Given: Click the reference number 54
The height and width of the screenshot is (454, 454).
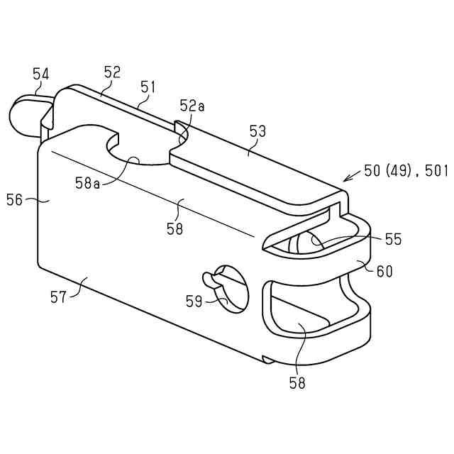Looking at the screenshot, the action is tap(41, 73).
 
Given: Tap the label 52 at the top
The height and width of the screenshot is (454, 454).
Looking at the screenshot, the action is tap(112, 72).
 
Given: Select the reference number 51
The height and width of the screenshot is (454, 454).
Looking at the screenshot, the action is tap(148, 87).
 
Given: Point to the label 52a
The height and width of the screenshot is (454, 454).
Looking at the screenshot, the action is tap(192, 106).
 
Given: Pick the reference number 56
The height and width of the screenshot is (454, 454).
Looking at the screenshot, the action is tap(15, 200).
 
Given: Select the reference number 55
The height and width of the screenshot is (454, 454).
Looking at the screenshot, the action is tap(393, 239).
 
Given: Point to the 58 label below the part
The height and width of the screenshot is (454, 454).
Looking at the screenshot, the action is tap(297, 383).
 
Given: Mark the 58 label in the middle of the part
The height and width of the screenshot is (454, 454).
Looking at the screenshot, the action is tap(174, 228).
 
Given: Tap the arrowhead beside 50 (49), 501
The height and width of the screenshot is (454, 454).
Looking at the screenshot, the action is tap(345, 179).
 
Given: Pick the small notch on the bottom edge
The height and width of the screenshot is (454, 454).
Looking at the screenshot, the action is tap(266, 360).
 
